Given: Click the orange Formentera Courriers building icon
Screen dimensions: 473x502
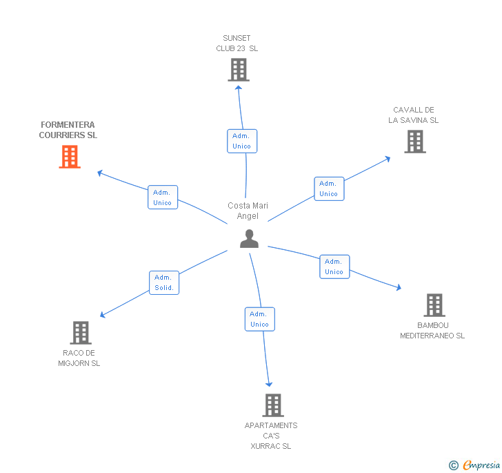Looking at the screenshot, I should tap(69, 157).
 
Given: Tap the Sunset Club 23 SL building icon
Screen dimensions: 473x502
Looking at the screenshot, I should tap(238, 70).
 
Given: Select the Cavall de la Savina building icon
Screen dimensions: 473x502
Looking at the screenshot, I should tap(414, 142).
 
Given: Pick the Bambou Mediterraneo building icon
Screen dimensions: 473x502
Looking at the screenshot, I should tap(434, 305).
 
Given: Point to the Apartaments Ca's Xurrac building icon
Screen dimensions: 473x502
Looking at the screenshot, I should tap(273, 405).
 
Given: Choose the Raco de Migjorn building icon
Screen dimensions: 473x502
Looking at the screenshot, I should tap(81, 333).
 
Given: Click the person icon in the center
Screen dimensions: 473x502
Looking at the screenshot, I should tap(249, 239).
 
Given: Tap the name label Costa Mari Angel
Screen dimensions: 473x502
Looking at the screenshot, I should tap(248, 211).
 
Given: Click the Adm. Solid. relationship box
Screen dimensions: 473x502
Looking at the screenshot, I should tap(164, 282).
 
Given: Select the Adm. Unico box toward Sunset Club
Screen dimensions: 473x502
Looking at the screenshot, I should tap(242, 141).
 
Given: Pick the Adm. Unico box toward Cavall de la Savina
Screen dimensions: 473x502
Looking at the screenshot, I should tap(329, 189).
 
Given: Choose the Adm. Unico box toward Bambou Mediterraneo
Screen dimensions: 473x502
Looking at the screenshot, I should tap(334, 267).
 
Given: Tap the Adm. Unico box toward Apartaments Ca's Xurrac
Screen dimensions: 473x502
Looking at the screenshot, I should tap(260, 319).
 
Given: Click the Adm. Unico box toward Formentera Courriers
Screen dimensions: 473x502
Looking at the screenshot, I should tap(163, 197).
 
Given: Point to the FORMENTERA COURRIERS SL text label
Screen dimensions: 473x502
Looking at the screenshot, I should tap(68, 130).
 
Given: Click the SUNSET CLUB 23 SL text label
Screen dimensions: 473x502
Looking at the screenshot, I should tap(237, 44).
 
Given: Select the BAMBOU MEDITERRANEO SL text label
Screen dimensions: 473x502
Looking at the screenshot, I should tap(433, 331).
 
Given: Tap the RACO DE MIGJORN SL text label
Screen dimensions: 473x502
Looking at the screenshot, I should tap(79, 358).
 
